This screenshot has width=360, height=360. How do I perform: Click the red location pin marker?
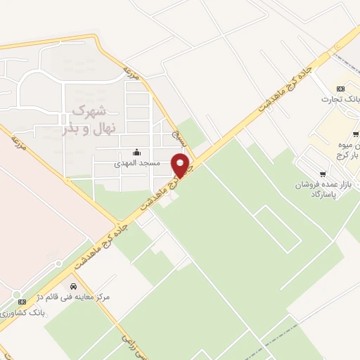pyautogui.click(x=181, y=165)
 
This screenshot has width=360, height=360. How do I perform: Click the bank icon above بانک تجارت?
pyautogui.click(x=340, y=89)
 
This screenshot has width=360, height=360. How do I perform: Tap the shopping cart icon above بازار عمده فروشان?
pyautogui.click(x=323, y=173)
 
